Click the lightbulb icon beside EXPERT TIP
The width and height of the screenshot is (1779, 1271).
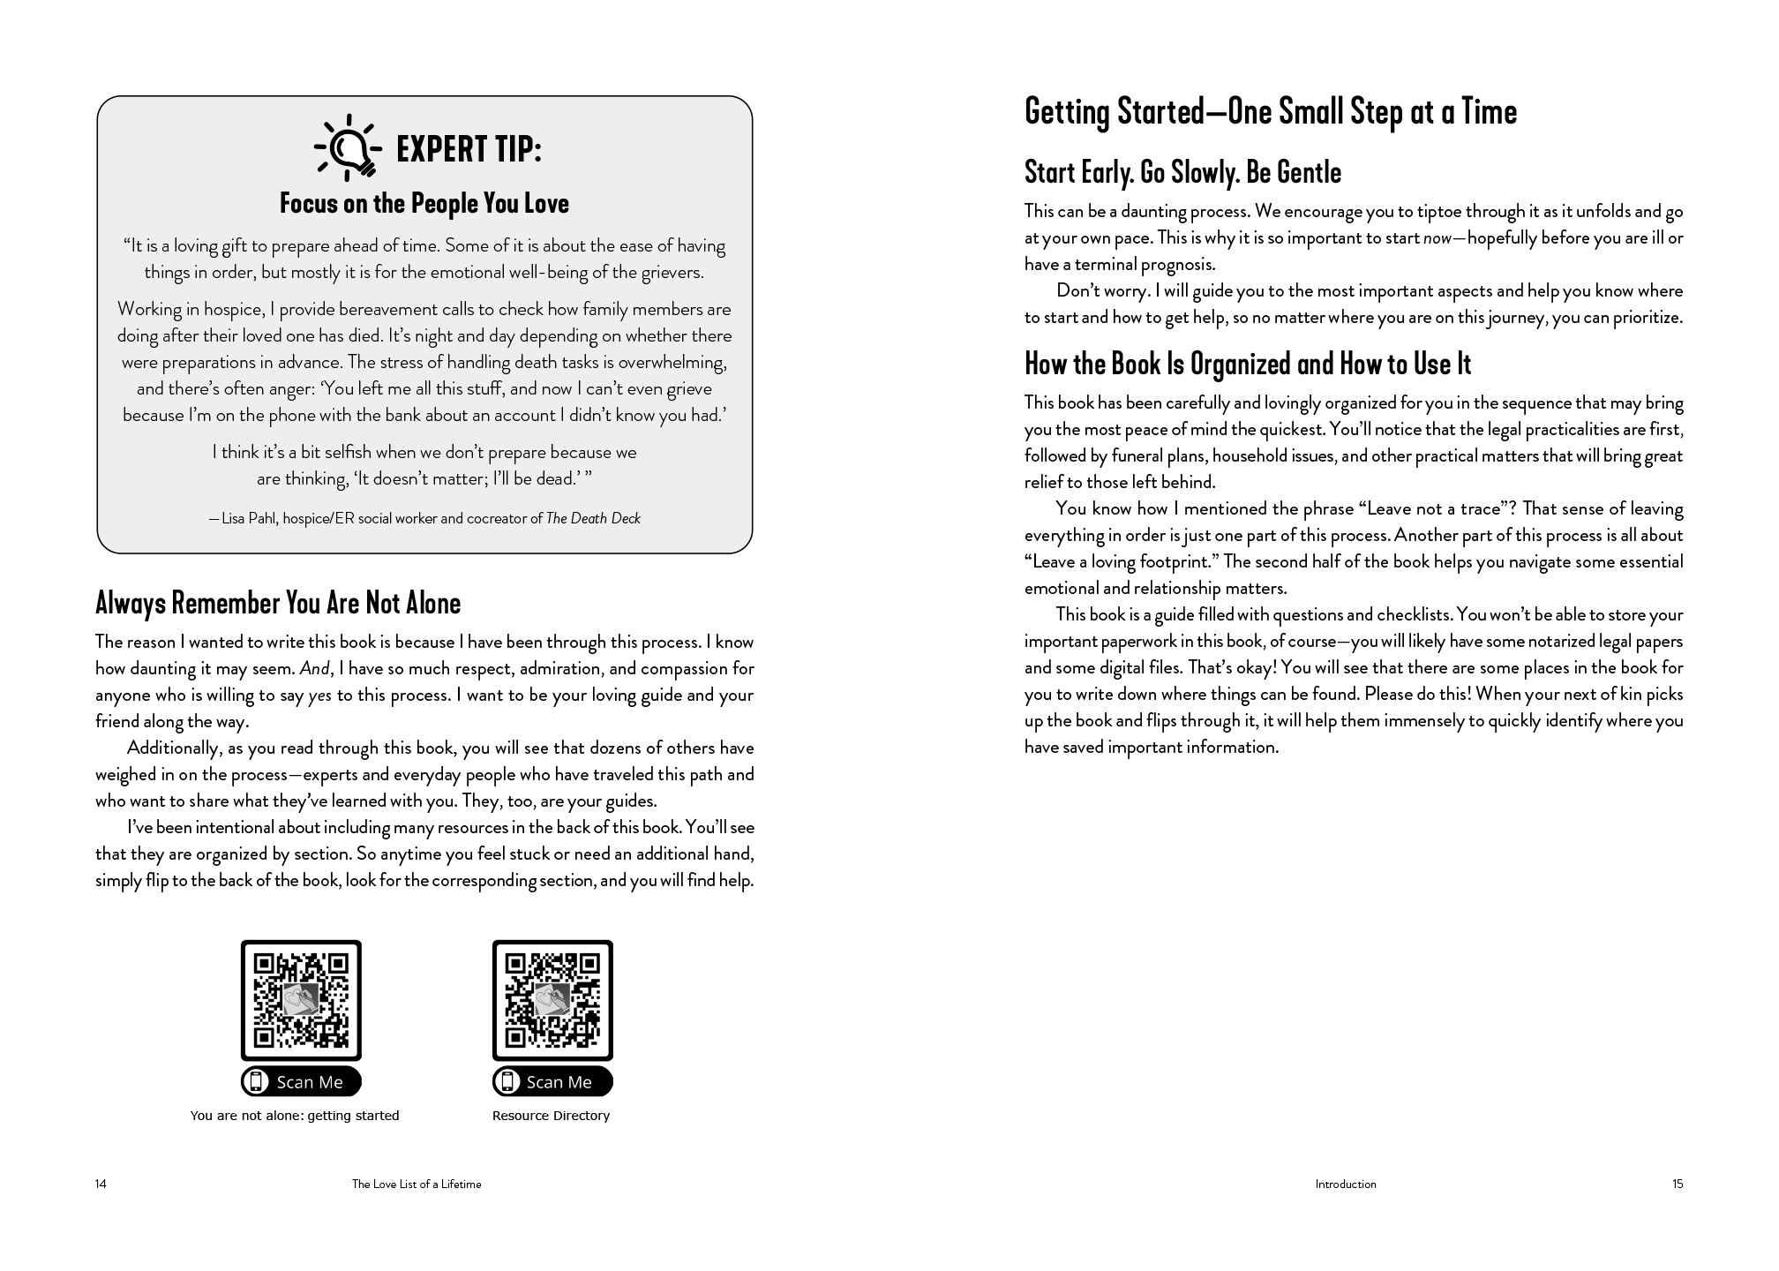coord(349,147)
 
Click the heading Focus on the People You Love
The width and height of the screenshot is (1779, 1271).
coord(424,204)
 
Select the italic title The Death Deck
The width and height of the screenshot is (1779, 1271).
coord(593,519)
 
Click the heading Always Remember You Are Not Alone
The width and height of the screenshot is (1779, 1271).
coord(278,604)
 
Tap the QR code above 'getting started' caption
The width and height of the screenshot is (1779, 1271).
coord(301,999)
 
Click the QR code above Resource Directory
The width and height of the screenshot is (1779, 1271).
coord(552,999)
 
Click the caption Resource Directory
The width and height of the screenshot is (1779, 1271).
coord(551,1116)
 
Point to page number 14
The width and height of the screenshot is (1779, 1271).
coord(101,1185)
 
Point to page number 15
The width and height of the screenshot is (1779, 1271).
coord(1677,1185)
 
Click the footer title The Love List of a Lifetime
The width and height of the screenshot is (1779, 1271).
coord(417,1185)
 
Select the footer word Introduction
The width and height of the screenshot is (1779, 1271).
coord(1345,1185)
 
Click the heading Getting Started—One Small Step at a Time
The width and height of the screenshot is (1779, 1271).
coord(1271,113)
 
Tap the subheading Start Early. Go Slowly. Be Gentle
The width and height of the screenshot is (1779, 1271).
coord(1182,173)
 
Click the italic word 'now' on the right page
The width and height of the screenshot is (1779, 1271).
coord(1437,238)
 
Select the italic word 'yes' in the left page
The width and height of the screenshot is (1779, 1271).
coord(319,696)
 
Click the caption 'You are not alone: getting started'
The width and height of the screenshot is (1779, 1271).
coord(295,1116)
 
